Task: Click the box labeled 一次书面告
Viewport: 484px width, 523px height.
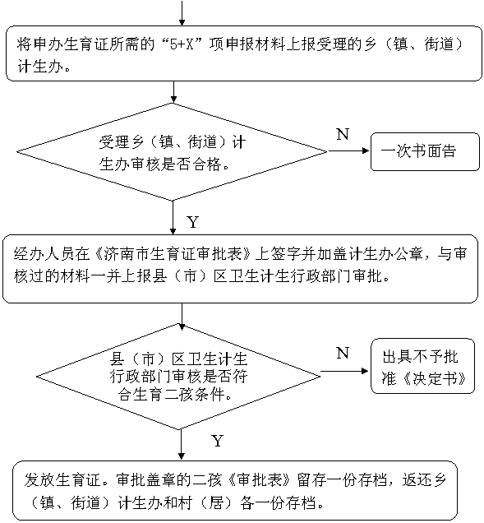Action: point(425,151)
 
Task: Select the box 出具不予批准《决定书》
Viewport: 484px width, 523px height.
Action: point(422,366)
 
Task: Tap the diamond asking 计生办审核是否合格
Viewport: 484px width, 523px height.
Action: point(172,152)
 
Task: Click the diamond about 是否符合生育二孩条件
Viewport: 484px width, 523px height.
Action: point(178,377)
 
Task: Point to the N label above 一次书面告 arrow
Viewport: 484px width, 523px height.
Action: point(343,134)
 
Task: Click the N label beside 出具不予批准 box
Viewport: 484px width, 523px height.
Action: point(343,353)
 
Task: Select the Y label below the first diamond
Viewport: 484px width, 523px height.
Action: point(193,222)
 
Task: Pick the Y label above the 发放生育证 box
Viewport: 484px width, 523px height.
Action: point(217,441)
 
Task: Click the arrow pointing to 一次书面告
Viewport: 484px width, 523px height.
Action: point(348,150)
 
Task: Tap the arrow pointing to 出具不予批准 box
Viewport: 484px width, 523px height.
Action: point(344,371)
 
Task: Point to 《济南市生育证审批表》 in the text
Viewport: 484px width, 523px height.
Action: point(173,254)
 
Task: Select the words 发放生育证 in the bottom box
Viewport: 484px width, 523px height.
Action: point(62,480)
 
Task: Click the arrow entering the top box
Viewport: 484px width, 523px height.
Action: point(182,12)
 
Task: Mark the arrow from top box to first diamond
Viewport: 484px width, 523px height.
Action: point(173,92)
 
